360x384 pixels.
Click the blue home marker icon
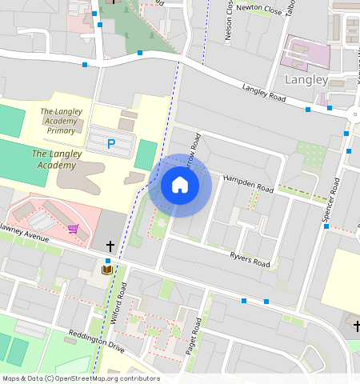click(x=180, y=186)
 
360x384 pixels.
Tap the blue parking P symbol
click(x=111, y=145)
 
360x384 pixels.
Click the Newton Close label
click(x=260, y=9)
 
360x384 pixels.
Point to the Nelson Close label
click(x=230, y=22)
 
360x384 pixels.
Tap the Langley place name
click(x=306, y=80)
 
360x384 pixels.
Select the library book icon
click(x=107, y=270)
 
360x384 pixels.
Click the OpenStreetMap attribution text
click(x=80, y=378)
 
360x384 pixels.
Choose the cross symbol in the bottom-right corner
click(x=357, y=324)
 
